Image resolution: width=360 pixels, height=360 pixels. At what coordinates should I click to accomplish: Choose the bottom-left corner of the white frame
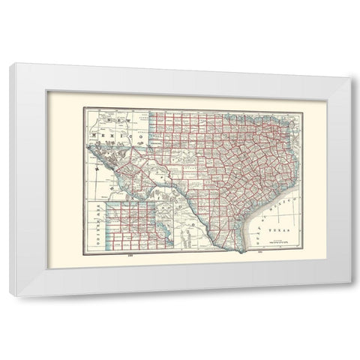[10, 296]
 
